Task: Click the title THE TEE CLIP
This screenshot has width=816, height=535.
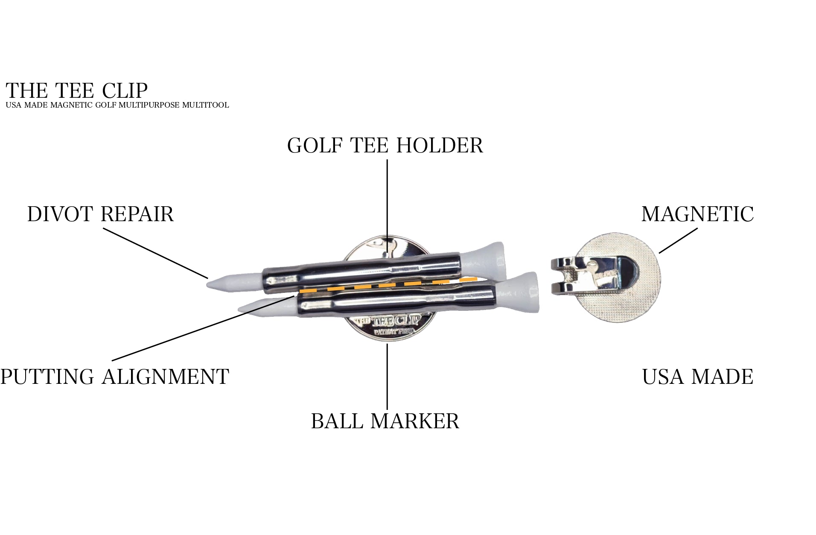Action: (77, 91)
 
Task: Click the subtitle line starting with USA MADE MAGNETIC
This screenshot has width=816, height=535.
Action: (117, 105)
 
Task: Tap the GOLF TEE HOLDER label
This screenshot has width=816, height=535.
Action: (385, 146)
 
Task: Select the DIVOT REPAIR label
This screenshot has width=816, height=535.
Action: (101, 214)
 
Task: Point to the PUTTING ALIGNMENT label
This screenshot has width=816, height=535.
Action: (115, 377)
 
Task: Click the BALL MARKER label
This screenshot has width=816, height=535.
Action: (385, 421)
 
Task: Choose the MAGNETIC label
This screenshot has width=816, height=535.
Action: (697, 214)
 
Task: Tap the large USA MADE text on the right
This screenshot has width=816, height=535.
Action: (697, 377)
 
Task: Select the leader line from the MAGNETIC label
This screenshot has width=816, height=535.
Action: (678, 240)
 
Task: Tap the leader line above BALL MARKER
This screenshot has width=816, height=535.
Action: (387, 376)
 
